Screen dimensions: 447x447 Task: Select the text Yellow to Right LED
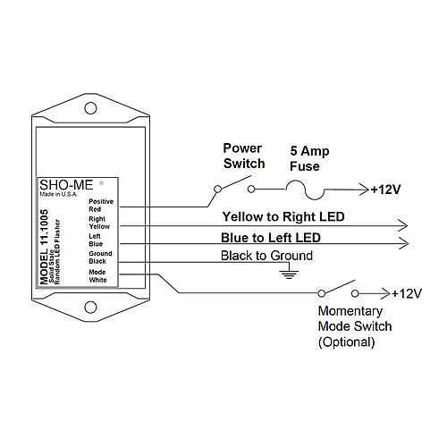284,216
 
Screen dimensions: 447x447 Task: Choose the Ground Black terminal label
100,257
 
